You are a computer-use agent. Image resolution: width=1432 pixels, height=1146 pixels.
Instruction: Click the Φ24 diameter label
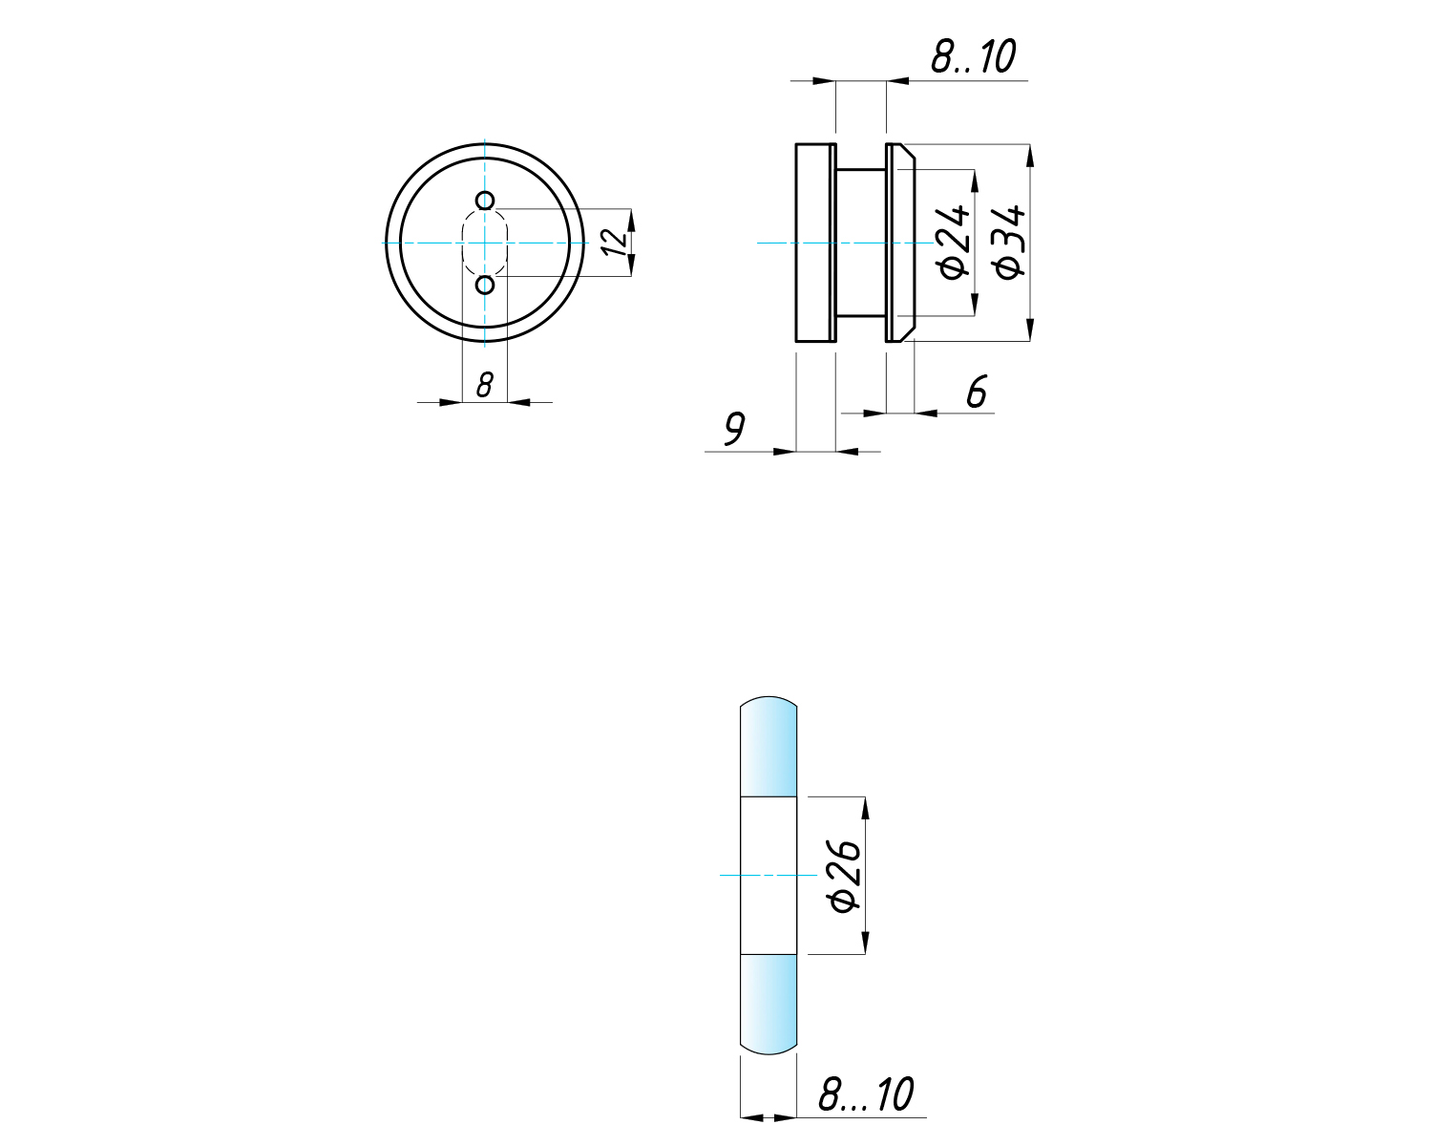pyautogui.click(x=952, y=243)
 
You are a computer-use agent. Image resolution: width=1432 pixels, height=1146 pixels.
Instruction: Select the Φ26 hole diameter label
pyautogui.click(x=844, y=876)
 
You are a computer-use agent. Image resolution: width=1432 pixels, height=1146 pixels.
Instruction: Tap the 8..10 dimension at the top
pyautogui.click(x=973, y=56)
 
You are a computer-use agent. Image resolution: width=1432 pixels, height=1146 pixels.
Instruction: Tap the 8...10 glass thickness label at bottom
pyautogui.click(x=865, y=1093)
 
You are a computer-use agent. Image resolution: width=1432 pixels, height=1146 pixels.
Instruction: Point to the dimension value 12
pyautogui.click(x=614, y=243)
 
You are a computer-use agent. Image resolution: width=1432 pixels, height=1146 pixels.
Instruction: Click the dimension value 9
pyautogui.click(x=734, y=428)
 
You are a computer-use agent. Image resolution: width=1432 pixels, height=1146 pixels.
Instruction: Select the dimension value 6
pyautogui.click(x=977, y=391)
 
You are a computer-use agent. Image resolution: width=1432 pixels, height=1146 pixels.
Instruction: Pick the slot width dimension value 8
pyautogui.click(x=485, y=385)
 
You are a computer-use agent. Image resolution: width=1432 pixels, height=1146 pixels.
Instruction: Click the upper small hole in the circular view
pyautogui.click(x=485, y=201)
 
